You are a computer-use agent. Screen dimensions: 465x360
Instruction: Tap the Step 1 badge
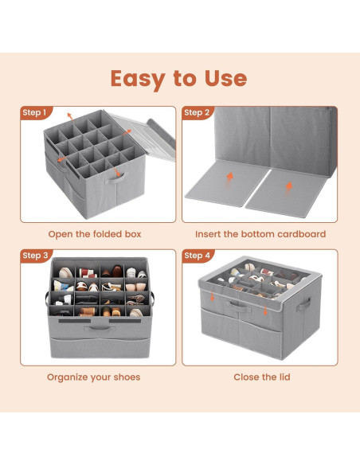[35, 113]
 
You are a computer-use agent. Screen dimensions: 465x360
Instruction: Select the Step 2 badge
[197, 113]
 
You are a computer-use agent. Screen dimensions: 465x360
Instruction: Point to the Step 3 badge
[35, 256]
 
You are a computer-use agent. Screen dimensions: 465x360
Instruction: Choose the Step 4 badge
[197, 256]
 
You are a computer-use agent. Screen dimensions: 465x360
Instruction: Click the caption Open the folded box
[94, 234]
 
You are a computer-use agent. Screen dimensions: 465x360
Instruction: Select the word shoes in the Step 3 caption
[125, 377]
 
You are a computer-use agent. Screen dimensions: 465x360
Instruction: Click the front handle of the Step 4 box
[239, 304]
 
